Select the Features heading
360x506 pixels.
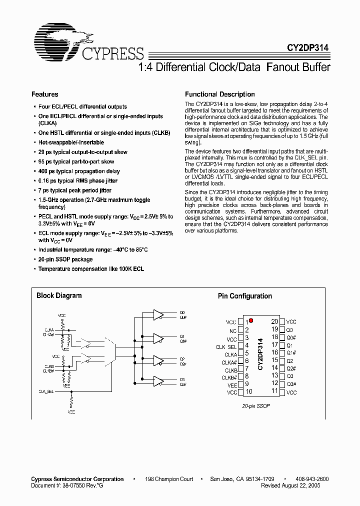pos(45,94)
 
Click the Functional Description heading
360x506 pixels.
pos(220,94)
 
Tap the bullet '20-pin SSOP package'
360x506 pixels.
pos(65,259)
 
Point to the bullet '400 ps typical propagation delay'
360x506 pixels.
pos(79,171)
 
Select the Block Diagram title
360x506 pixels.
pos(59,296)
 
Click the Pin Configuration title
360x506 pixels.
pos(245,296)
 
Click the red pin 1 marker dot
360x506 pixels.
pos(251,320)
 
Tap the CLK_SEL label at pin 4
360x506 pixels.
pos(226,346)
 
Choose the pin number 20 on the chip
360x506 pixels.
pos(274,322)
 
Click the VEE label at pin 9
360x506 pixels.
pos(232,384)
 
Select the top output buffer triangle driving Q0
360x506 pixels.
pos(158,314)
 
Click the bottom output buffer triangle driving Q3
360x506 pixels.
pos(158,382)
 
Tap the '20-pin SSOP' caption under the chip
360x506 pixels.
pos(256,406)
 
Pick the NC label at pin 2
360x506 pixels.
pos(233,330)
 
